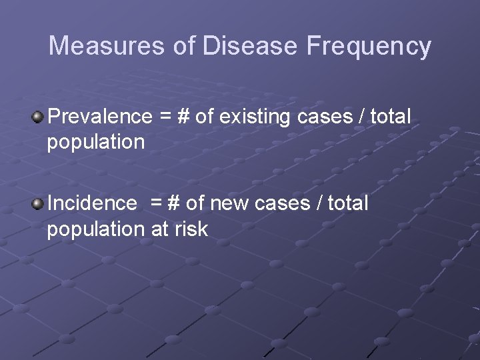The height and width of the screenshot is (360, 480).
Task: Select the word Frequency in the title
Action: pos(369,46)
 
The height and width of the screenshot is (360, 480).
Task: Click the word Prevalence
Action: pos(100,117)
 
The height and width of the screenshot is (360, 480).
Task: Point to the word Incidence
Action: pos(92,203)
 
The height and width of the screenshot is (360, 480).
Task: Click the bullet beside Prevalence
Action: pos(38,117)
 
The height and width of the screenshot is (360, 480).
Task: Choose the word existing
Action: pos(257,117)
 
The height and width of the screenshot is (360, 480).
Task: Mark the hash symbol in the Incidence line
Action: pos(175,203)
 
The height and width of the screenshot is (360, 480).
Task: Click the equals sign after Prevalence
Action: pos(165,117)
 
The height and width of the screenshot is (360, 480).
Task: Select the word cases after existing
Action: pos(327,117)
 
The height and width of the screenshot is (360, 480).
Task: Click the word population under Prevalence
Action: pos(95,143)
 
